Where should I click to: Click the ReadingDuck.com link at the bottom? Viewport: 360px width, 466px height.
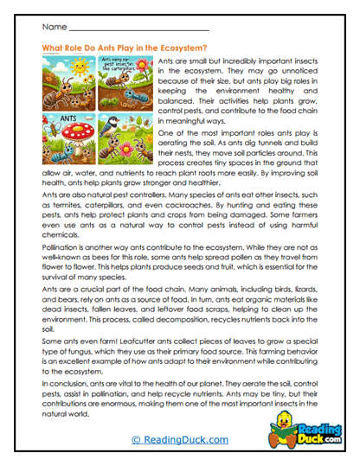pyautogui.click(x=181, y=440)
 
